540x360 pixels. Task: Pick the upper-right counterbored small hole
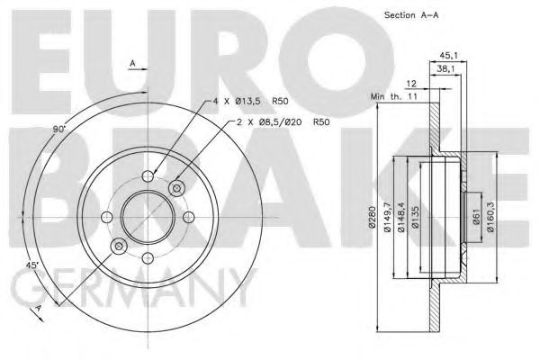(x=176, y=186)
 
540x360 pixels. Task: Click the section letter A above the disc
(x=131, y=64)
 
